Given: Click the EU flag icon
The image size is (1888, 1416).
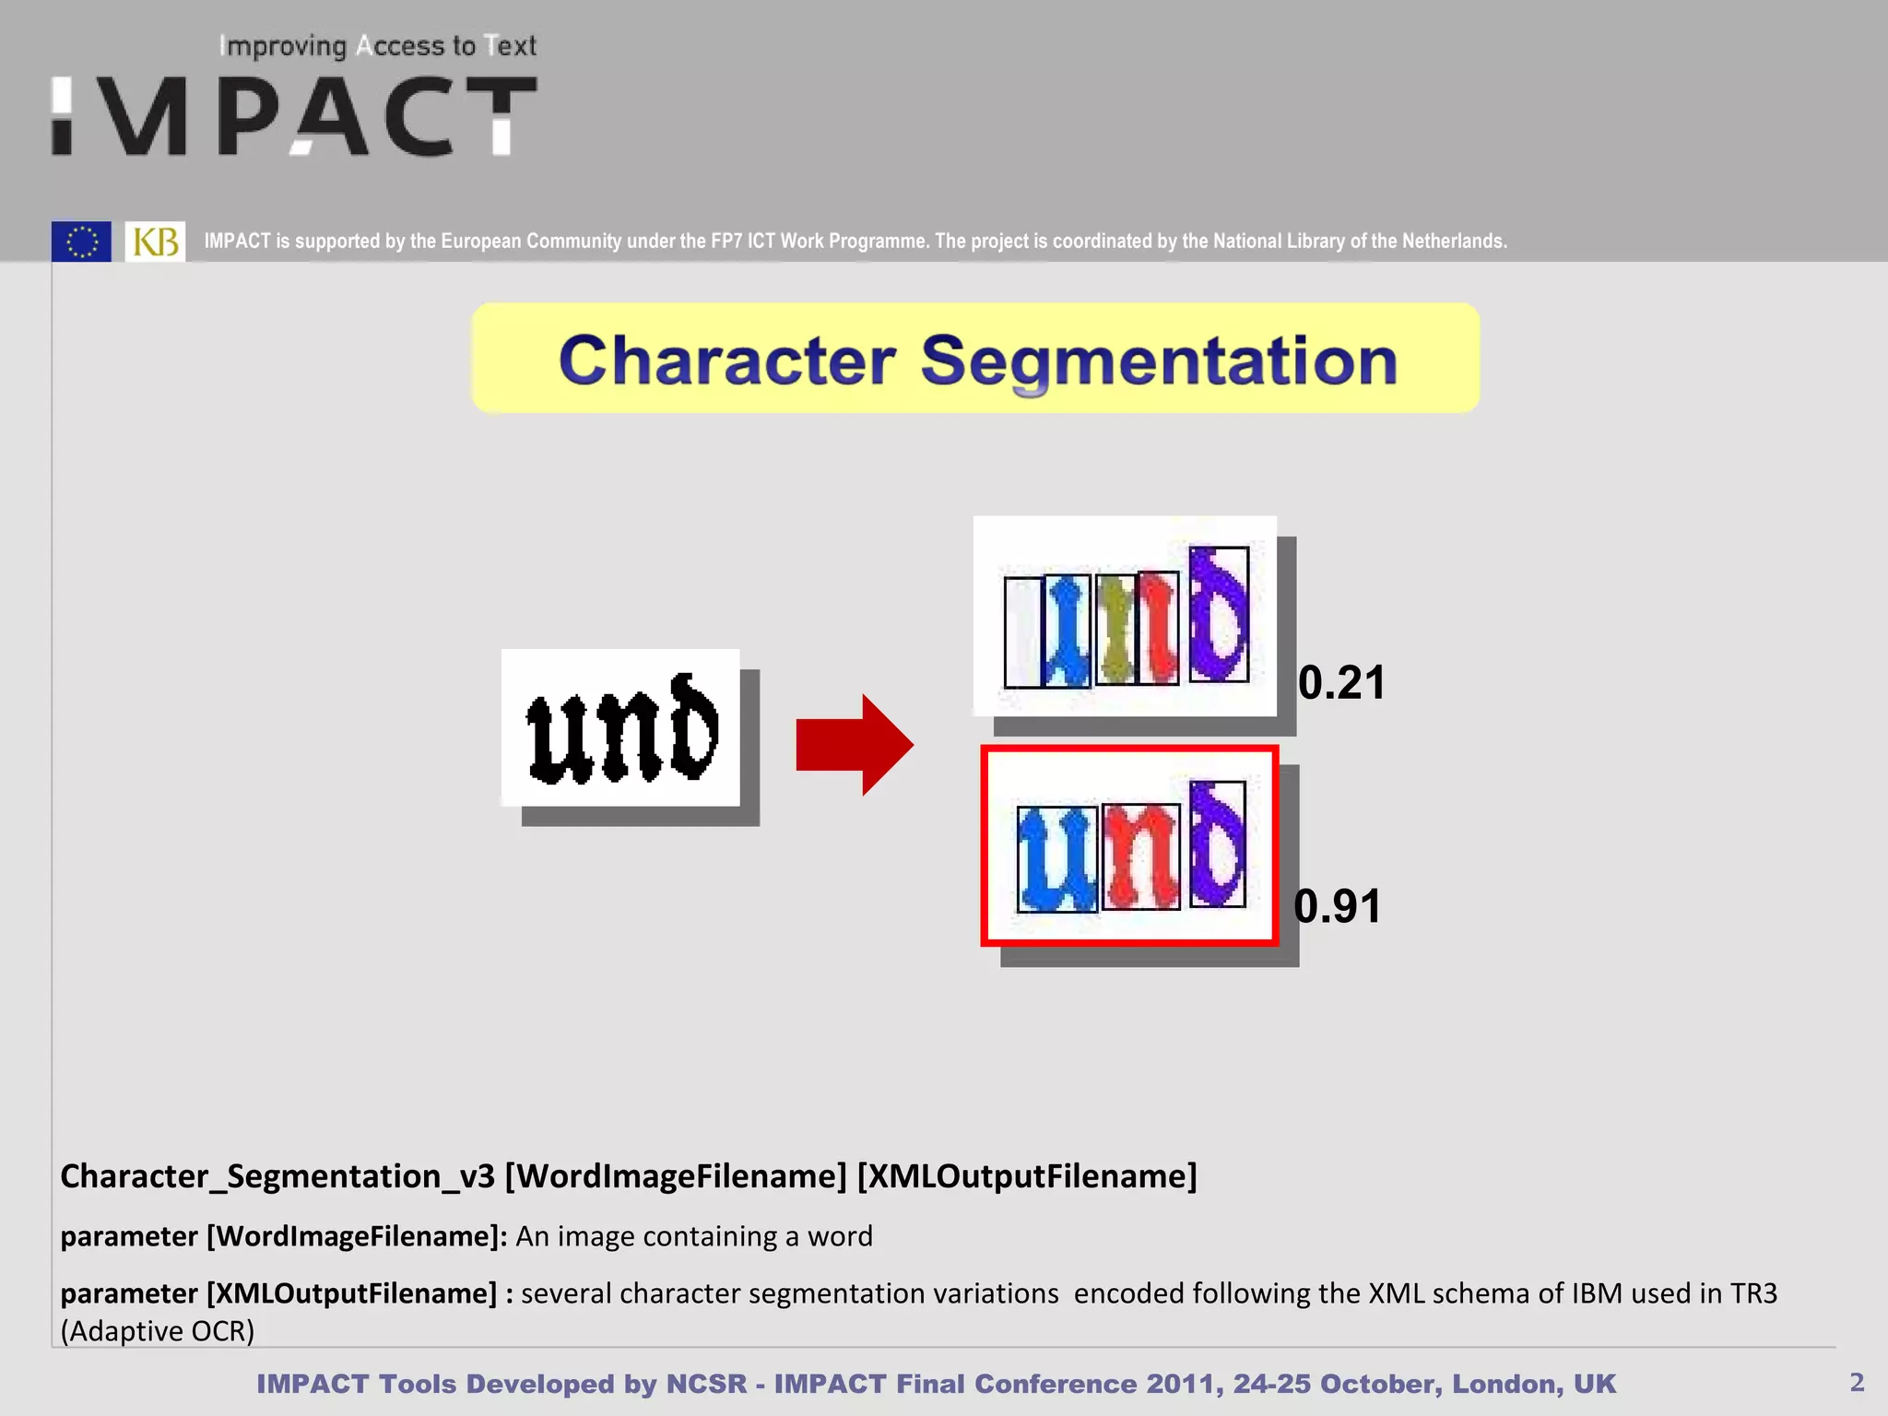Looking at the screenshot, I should point(81,242).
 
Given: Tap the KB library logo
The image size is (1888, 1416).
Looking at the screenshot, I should point(155,242).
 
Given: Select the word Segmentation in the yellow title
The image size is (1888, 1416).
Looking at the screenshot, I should point(1159,360).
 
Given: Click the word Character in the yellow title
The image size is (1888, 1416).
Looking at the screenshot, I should point(726,360).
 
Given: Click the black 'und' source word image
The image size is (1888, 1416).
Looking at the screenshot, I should point(620,728).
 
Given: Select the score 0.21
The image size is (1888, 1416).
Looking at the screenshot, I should point(1341,683).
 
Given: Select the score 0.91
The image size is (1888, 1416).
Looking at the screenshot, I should point(1338,906).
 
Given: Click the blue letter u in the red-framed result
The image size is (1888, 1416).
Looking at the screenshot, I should point(1056,858).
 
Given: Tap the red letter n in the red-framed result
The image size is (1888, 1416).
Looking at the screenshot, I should point(1140,856).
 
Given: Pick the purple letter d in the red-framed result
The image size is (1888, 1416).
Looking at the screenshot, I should point(1217,844).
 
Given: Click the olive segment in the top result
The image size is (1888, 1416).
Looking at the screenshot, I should point(1116,629).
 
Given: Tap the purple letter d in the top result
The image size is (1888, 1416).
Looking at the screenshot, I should point(1218,614).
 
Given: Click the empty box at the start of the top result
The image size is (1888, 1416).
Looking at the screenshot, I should point(1021,632).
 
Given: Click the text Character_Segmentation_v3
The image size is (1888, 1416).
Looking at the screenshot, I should point(277,1176).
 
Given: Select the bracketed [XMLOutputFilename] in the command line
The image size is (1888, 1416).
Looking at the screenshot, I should point(1027,1176).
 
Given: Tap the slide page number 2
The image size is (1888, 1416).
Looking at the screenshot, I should point(1857,1382).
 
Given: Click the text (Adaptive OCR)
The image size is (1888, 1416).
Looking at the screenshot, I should point(157,1331).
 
